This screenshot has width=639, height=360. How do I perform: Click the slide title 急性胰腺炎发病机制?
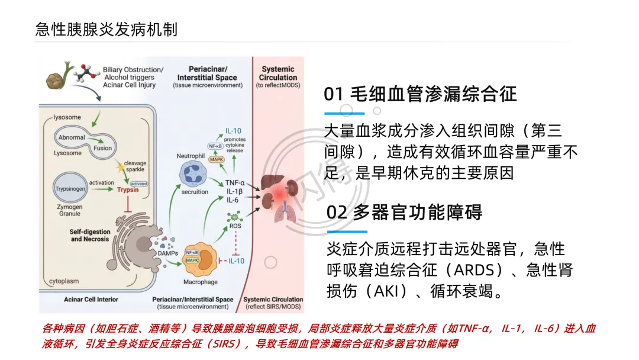click(x=106, y=29)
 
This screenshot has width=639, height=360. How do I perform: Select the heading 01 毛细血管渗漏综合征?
click(x=420, y=94)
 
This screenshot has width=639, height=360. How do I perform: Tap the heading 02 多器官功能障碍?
click(x=404, y=212)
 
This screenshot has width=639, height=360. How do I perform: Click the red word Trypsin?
click(x=128, y=190)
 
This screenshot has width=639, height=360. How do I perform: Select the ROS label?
click(x=235, y=226)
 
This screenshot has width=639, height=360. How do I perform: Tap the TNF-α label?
click(x=235, y=183)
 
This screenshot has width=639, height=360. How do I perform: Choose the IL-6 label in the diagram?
click(x=233, y=200)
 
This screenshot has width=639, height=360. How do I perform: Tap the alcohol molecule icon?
click(x=88, y=72)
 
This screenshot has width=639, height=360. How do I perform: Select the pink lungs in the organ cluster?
click(x=283, y=211)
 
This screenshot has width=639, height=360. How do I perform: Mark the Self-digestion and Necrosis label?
click(x=90, y=235)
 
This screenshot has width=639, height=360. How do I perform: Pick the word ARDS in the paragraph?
click(x=476, y=270)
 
